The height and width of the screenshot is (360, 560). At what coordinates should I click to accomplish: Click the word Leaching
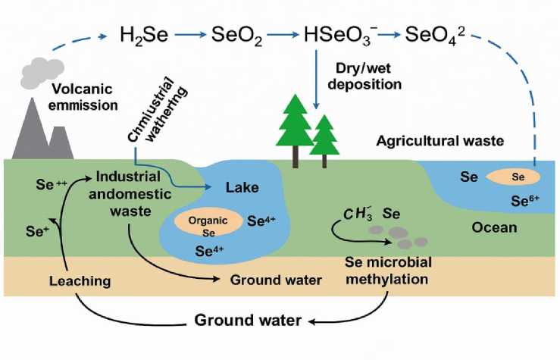pos(80,280)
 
